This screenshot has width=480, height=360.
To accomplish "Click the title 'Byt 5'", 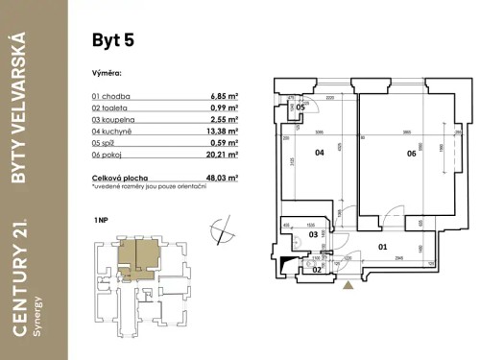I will tap(112, 40).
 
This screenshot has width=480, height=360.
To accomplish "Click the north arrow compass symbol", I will tap(223, 230).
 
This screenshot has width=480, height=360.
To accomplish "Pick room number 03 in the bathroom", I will tap(312, 234).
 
